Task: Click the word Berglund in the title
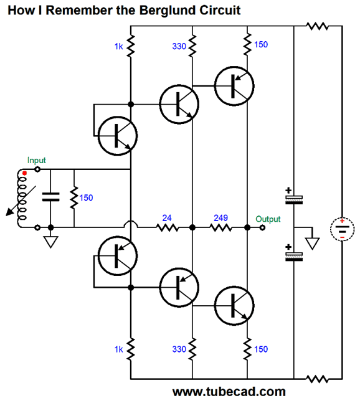167,11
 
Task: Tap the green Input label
37,161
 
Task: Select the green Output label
268,219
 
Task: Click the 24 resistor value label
167,218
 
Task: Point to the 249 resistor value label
220,218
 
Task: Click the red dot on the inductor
25,173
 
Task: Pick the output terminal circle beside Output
262,228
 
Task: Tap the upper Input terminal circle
37,169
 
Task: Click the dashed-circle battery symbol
342,229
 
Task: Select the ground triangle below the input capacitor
51,242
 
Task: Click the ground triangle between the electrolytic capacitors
312,243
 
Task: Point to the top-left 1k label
118,47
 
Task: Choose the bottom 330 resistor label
179,349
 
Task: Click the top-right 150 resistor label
261,45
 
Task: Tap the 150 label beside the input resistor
86,198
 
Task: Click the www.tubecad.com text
229,391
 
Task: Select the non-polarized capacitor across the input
51,197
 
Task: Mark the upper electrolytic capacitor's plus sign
288,190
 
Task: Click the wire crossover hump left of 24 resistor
131,224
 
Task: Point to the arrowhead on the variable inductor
10,212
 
